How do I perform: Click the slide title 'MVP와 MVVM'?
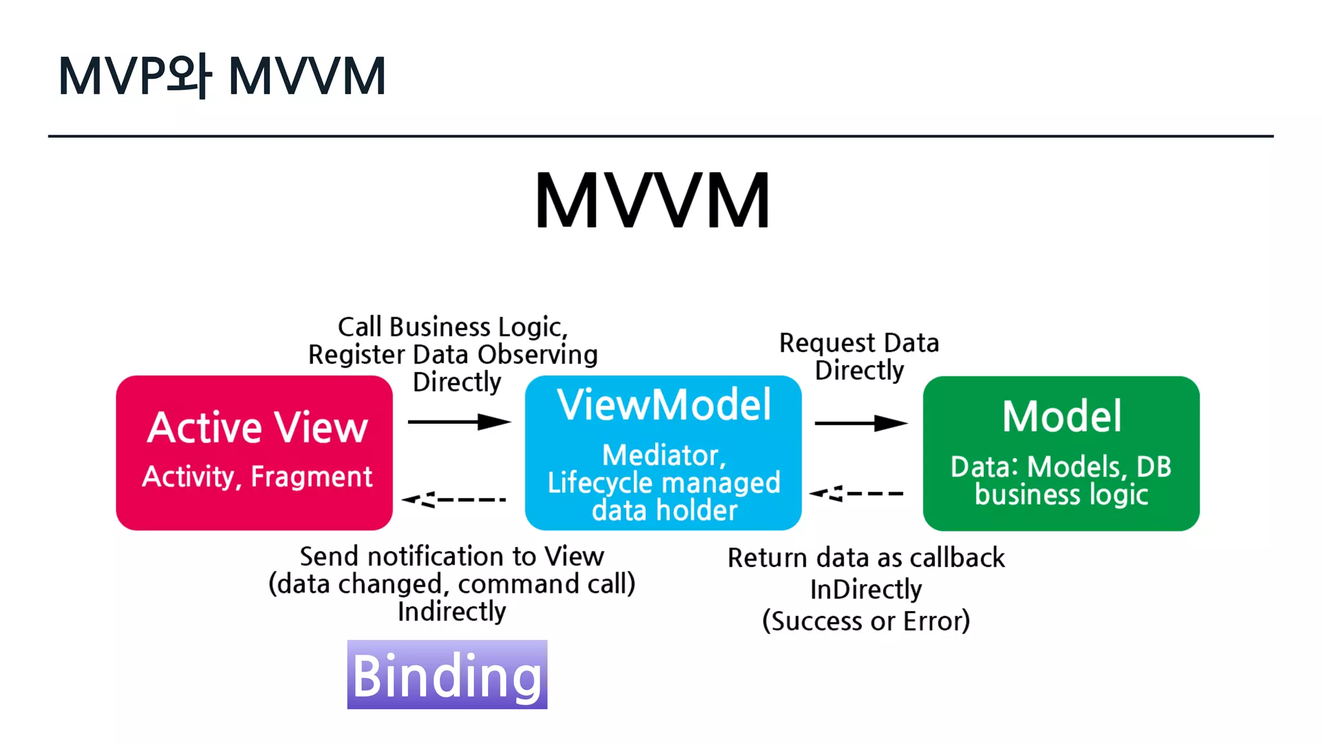[x=222, y=76]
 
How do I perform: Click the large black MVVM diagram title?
[x=653, y=201]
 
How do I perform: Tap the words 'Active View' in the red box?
[x=257, y=428]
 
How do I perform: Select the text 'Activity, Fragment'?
[x=257, y=477]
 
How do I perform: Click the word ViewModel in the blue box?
[x=664, y=405]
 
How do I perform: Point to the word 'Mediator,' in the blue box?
[x=664, y=455]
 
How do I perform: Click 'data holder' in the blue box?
[x=664, y=510]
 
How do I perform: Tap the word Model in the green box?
[x=1061, y=417]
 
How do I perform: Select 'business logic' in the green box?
[x=1061, y=495]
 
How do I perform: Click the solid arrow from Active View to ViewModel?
[x=459, y=422]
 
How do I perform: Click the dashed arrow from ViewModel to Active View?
[x=454, y=499]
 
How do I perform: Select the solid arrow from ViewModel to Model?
[x=860, y=424]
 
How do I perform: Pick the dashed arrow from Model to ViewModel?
[x=857, y=493]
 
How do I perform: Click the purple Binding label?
[x=447, y=675]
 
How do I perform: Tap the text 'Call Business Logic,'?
[x=453, y=327]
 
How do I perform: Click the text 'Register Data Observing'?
[x=453, y=355]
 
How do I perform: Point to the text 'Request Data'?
[x=859, y=343]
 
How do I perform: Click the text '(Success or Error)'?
[x=866, y=621]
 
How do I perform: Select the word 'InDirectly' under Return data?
[x=866, y=590]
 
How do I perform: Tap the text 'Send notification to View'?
[x=452, y=556]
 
